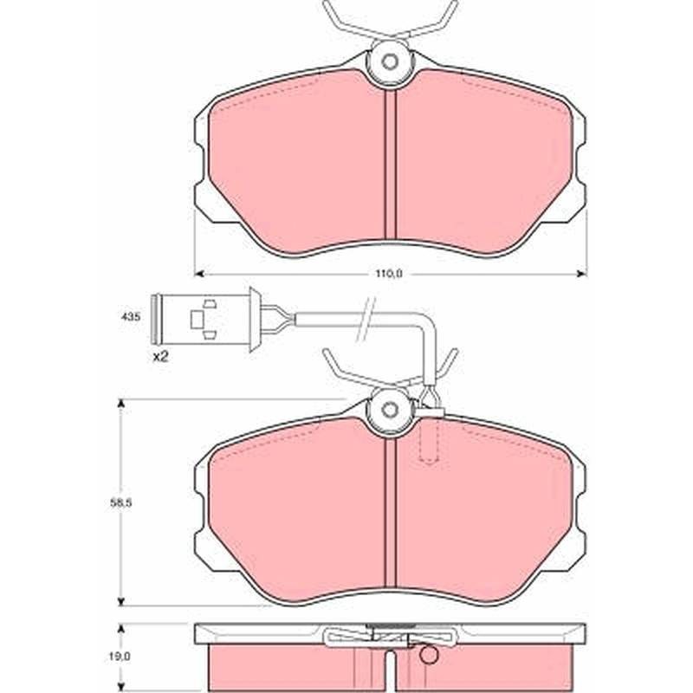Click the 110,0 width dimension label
point(389,274)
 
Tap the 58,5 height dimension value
point(120,503)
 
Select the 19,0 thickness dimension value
point(120,657)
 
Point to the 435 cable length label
point(131,317)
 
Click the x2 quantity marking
point(160,357)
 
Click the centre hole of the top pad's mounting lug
point(389,62)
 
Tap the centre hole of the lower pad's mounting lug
point(389,410)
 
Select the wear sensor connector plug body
point(205,319)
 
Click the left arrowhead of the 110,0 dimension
point(198,275)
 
